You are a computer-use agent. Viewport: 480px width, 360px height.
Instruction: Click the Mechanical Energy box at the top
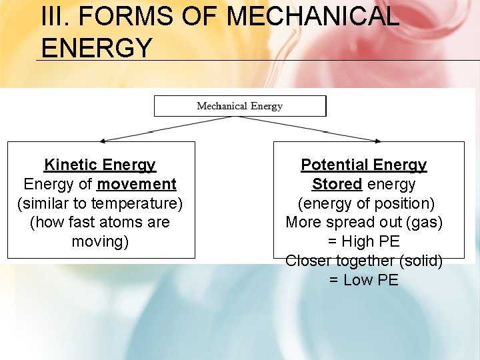[x=240, y=106]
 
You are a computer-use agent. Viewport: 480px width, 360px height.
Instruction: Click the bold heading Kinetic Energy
[x=100, y=165]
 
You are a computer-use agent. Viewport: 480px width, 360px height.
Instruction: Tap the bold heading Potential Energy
[x=364, y=165]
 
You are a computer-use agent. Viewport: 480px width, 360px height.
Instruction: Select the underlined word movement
[x=137, y=184]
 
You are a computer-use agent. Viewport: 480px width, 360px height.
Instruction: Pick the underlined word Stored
[x=337, y=184]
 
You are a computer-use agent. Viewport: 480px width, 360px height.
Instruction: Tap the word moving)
[x=100, y=241]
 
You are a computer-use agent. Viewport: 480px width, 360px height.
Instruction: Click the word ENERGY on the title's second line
[x=97, y=47]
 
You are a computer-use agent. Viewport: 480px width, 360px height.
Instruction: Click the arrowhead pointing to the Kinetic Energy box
[x=104, y=140]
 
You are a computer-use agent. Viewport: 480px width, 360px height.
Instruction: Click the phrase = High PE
[x=364, y=241]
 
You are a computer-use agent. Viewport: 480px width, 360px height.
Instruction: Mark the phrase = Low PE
[x=364, y=280]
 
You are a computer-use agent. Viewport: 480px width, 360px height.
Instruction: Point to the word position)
[x=402, y=203]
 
